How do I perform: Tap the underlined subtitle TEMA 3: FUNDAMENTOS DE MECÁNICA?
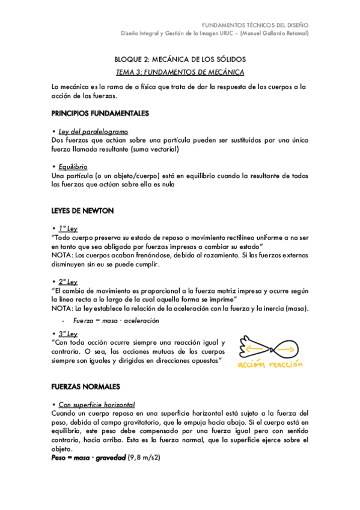[180, 72]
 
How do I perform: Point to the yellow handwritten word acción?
[251, 366]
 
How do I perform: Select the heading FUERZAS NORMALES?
[86, 386]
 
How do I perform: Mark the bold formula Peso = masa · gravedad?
[88, 458]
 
